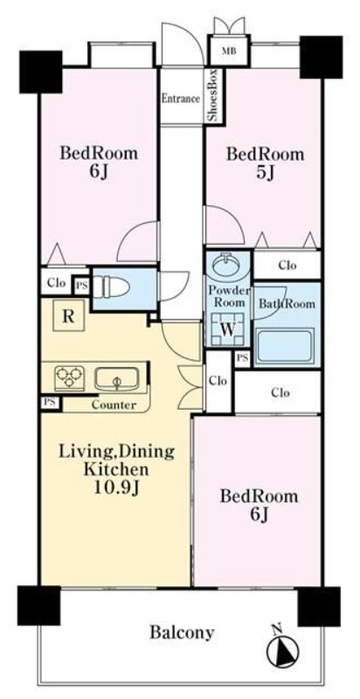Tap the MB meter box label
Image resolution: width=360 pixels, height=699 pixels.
(x=230, y=51)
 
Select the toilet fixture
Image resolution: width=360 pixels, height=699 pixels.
(x=111, y=287)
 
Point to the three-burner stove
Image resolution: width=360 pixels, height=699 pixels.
(x=70, y=378)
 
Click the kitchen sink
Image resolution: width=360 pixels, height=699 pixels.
(x=117, y=379)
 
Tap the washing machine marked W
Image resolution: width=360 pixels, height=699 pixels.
(x=228, y=329)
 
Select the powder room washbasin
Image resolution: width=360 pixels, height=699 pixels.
(x=228, y=266)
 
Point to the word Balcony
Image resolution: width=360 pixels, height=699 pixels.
(x=182, y=632)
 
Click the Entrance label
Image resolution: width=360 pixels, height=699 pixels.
(x=181, y=99)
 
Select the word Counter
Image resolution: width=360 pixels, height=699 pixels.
(x=114, y=405)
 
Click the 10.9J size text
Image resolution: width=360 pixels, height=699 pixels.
(x=117, y=488)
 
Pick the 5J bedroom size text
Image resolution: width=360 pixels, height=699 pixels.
(x=265, y=173)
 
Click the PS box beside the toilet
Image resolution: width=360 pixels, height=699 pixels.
(x=81, y=285)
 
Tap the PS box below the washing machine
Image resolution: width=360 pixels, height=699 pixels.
(x=242, y=358)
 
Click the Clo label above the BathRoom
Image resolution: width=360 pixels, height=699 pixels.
(x=287, y=266)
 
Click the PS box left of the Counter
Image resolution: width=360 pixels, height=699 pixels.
(x=50, y=403)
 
